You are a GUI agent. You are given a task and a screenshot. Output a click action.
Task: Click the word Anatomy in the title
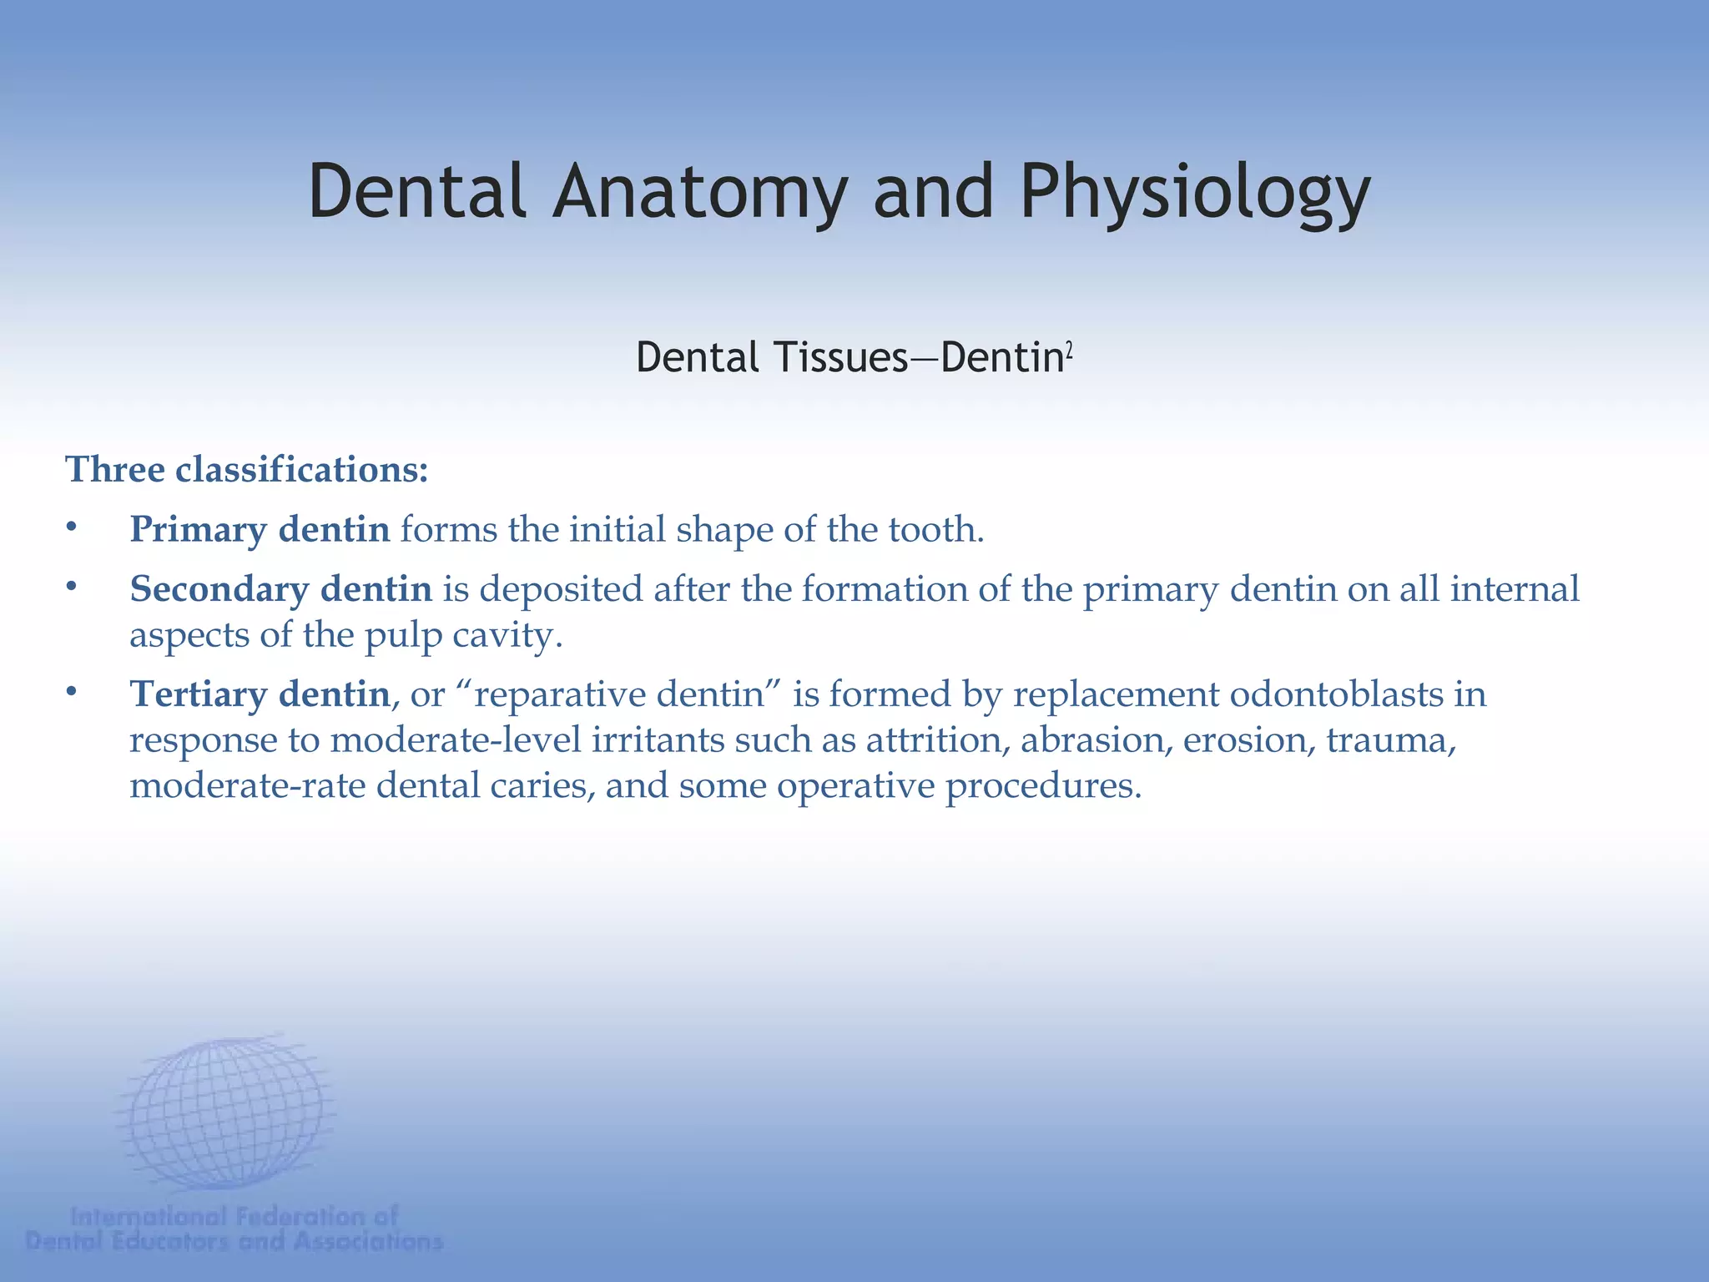(700, 192)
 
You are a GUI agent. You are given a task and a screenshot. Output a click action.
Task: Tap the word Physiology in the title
(1195, 194)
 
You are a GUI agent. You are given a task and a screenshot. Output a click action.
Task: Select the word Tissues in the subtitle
(840, 357)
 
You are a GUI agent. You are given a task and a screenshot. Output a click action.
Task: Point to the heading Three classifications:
(247, 469)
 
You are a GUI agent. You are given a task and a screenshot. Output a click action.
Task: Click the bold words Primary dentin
(260, 529)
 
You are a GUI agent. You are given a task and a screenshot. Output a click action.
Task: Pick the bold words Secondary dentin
(280, 588)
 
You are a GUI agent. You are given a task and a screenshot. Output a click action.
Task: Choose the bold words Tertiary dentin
(260, 694)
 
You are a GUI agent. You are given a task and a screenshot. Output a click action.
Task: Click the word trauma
(1390, 739)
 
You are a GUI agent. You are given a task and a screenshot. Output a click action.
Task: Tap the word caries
(553, 785)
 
